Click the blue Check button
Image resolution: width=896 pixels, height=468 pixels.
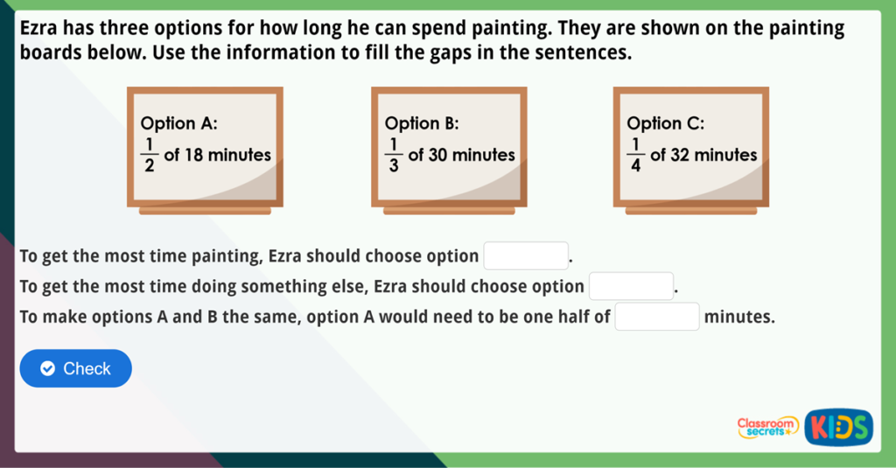pos(75,368)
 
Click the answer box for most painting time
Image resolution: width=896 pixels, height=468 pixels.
pos(526,256)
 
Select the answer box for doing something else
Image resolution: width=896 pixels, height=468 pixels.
pos(632,286)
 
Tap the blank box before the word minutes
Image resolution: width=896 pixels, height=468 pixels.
pos(657,317)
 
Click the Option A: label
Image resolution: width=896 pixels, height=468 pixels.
pos(178,123)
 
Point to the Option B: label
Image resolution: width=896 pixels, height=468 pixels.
pos(422,123)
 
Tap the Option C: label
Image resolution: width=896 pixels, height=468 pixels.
pos(666,123)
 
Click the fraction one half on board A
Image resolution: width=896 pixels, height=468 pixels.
pos(149,155)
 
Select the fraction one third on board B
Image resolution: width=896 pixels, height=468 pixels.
pos(393,155)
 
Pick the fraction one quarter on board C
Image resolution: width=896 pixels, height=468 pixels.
pos(635,155)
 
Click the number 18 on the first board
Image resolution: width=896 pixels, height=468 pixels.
pos(193,155)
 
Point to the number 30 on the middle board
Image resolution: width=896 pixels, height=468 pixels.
pos(437,155)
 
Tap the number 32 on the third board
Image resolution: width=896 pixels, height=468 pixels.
pos(680,155)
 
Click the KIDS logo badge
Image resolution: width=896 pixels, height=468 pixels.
pos(839,427)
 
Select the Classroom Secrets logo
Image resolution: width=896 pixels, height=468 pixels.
pos(767,427)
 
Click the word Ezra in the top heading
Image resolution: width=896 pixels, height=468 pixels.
pos(38,27)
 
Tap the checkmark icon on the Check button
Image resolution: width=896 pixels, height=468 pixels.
pos(48,368)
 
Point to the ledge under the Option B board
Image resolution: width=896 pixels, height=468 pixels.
pos(449,211)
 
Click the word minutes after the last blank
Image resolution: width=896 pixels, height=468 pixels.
pos(739,317)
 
